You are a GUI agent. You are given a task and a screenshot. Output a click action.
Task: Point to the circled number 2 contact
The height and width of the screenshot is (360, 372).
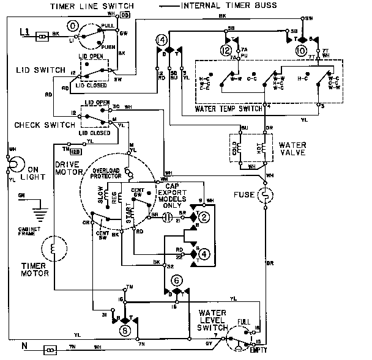205,216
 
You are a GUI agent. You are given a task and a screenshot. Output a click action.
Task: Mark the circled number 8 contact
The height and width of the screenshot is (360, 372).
125,331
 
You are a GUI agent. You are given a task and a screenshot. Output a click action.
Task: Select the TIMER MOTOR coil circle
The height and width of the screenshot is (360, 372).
53,250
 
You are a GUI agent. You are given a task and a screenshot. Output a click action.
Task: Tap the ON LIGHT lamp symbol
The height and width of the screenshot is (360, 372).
15,164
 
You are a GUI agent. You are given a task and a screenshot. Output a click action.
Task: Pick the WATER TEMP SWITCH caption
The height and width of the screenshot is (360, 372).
230,109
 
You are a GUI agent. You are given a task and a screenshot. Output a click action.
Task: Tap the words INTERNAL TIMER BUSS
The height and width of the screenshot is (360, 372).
229,6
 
